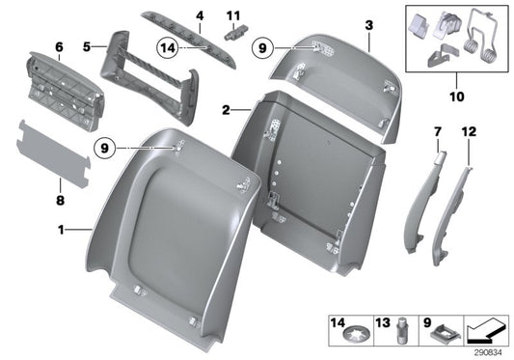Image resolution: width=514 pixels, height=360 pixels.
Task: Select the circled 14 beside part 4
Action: [x=167, y=46]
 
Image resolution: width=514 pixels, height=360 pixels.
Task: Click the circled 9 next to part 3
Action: [x=264, y=46]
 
